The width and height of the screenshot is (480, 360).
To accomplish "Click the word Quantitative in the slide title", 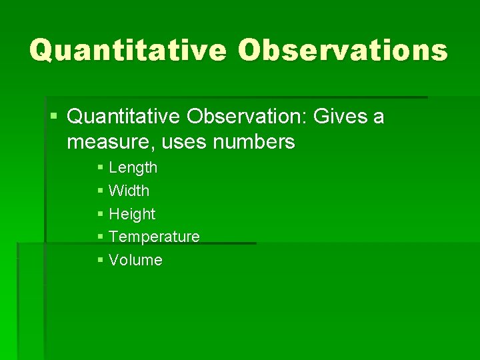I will tap(127, 50).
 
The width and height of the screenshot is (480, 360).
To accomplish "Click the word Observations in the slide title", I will tap(343, 50).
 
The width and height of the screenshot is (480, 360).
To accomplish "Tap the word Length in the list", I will tap(133, 168).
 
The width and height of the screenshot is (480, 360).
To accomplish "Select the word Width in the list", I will tap(129, 191).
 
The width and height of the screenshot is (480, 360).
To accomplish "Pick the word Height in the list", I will tap(131, 214).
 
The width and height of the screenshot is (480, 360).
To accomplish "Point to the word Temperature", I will tap(154, 237).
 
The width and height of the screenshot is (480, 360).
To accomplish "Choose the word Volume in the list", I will tap(135, 260).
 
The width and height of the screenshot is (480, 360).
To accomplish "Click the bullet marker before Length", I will tap(100, 168).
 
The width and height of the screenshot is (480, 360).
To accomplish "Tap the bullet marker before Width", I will tap(100, 191).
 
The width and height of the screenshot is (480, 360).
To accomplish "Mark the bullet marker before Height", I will tap(100, 214).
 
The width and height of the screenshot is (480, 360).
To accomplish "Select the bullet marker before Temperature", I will tap(100, 237).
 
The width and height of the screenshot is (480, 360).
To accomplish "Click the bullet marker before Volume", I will tap(100, 260).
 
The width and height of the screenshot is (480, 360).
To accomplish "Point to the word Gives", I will tap(339, 117).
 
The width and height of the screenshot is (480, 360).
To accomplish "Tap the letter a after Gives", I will tap(379, 119).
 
